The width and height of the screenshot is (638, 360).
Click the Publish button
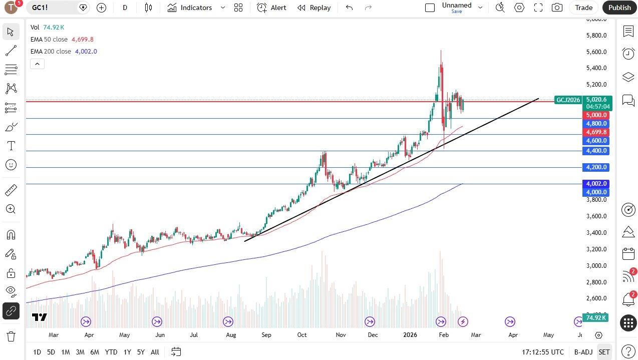click(x=619, y=8)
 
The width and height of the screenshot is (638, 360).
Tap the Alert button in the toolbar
click(x=272, y=8)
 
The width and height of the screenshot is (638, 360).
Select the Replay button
click(x=314, y=8)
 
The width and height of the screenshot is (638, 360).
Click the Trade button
click(x=583, y=8)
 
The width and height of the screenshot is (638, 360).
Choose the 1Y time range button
click(x=127, y=352)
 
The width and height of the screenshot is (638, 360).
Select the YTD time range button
click(x=111, y=352)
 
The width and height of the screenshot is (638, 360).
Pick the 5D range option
click(x=51, y=352)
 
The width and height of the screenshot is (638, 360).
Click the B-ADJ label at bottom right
click(x=583, y=352)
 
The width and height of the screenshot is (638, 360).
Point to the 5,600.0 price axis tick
click(x=596, y=52)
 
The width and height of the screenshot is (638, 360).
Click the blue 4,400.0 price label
click(x=596, y=151)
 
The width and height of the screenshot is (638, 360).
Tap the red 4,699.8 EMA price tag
click(x=596, y=132)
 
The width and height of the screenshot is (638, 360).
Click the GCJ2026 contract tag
click(x=568, y=100)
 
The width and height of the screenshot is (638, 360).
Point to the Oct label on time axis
click(x=302, y=335)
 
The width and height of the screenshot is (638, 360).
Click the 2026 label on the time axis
click(x=410, y=335)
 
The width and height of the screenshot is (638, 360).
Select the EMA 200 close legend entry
click(x=64, y=52)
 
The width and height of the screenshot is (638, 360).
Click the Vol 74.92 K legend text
click(x=48, y=28)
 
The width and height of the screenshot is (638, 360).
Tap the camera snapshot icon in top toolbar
click(x=557, y=8)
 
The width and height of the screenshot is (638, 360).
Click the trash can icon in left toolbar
click(x=11, y=336)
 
